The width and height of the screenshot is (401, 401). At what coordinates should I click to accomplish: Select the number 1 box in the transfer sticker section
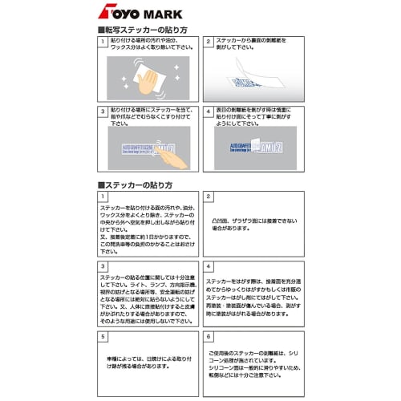coord(103,40)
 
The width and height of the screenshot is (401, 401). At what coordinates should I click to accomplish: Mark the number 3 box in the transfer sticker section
coord(103,111)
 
